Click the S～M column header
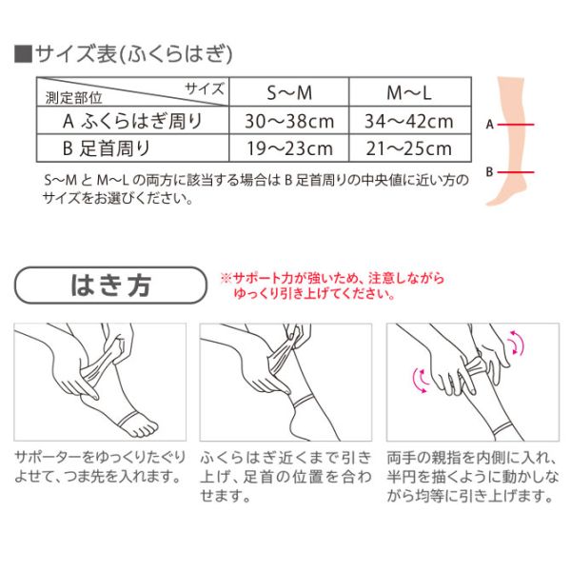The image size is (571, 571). point(289,92)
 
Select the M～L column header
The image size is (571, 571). point(409,92)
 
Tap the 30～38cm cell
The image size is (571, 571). point(289,121)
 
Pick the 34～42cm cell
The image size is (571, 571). point(409,121)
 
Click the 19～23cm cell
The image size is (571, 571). point(290,148)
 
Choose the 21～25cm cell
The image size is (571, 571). point(409,148)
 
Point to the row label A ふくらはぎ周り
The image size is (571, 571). point(132,121)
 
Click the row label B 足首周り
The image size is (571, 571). point(107,148)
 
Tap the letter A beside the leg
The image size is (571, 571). point(490,125)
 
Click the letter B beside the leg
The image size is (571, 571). point(490,171)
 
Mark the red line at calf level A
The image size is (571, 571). point(516,125)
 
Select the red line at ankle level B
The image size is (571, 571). point(516,172)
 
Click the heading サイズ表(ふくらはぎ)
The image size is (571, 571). point(124,54)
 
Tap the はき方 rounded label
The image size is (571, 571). point(110,285)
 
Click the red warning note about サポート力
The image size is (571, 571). point(332,285)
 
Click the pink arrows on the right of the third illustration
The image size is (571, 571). point(517,343)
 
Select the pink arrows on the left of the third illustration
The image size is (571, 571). point(421,381)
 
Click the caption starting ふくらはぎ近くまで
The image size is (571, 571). point(285,477)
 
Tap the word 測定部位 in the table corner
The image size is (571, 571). point(73,98)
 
